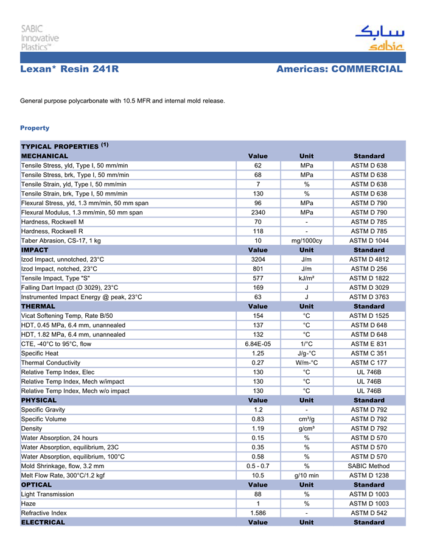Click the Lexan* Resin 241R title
coord(69,69)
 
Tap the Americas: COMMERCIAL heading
coord(339,69)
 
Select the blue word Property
coord(35,128)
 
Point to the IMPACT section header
coord(35,250)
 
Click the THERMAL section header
coord(38,306)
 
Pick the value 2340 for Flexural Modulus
coord(258,212)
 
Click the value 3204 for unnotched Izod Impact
coord(258,259)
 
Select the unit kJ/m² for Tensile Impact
coord(307,278)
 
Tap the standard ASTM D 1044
coord(369,240)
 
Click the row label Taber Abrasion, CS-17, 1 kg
coord(61,240)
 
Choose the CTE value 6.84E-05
coord(258,344)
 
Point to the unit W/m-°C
coord(307,363)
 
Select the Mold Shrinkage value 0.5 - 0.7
coord(258,466)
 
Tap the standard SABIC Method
coord(369,466)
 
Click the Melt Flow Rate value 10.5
coord(258,476)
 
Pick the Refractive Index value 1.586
coord(258,513)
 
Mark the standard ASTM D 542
coord(369,513)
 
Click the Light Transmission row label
coord(47,494)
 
